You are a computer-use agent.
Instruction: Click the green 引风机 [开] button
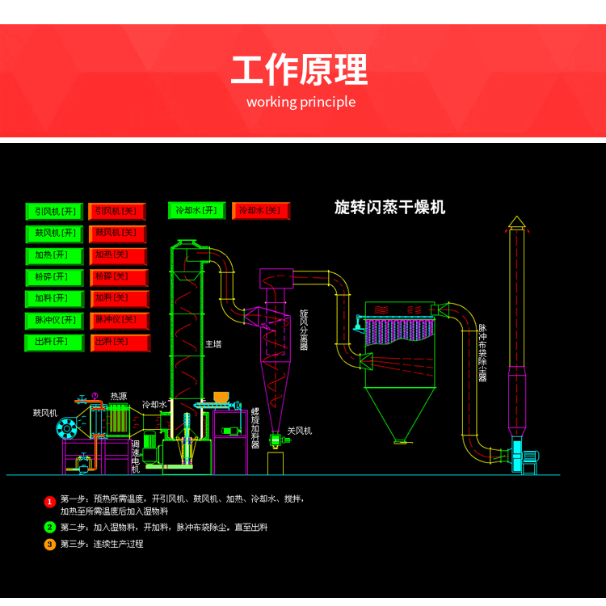click(54, 212)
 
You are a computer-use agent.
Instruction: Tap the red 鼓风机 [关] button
click(117, 234)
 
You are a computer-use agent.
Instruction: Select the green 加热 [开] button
click(54, 255)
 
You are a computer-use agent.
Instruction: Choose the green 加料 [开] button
click(54, 299)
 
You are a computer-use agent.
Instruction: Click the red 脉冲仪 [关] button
click(120, 321)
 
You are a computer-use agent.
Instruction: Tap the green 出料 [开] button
click(54, 343)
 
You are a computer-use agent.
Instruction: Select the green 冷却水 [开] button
click(197, 211)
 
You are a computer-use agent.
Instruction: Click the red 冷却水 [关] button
click(260, 211)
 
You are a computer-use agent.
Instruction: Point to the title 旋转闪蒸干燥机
click(389, 208)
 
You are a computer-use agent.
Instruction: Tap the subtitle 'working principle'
click(301, 102)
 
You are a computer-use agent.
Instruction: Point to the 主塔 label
click(213, 343)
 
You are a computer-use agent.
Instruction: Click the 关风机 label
click(299, 431)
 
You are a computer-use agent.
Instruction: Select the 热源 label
click(119, 396)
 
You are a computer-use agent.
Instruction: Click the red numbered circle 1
click(49, 502)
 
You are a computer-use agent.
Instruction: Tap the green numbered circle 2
click(49, 528)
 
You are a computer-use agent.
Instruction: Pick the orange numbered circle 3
click(49, 545)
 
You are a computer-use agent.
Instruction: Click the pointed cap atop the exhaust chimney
click(516, 222)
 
